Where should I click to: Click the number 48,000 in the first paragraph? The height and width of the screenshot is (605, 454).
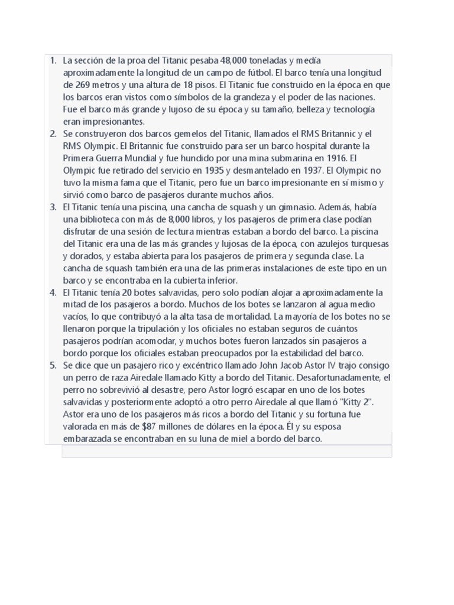[x=234, y=60]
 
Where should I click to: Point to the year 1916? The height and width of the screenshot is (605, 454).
[x=336, y=158]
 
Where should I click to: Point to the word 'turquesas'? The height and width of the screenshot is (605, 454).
[x=368, y=243]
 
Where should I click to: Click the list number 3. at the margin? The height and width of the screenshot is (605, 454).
[x=53, y=207]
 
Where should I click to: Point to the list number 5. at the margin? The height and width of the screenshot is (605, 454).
[x=53, y=366]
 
